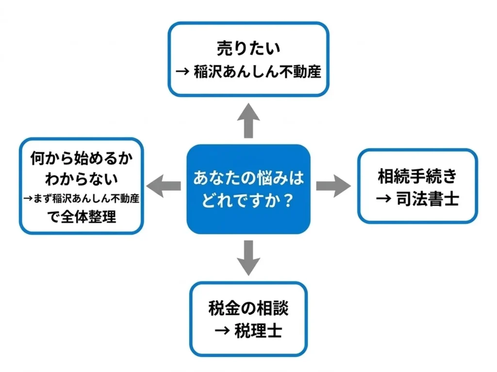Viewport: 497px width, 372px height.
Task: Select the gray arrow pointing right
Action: pyautogui.click(x=333, y=186)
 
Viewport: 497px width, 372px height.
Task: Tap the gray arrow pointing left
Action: pyautogui.click(x=164, y=186)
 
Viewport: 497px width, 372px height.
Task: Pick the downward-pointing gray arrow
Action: pyautogui.click(x=248, y=257)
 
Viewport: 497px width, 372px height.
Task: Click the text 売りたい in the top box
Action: pyautogui.click(x=248, y=49)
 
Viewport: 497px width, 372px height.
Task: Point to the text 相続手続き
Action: pyautogui.click(x=417, y=177)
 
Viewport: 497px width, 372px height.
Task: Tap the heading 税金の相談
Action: pyautogui.click(x=248, y=308)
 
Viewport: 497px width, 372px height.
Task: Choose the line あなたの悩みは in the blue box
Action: pyautogui.click(x=248, y=177)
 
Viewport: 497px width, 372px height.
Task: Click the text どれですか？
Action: pyautogui.click(x=248, y=200)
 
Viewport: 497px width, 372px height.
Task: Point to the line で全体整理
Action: pyautogui.click(x=81, y=217)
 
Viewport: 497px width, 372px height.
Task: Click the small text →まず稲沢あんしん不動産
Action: pyautogui.click(x=81, y=198)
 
